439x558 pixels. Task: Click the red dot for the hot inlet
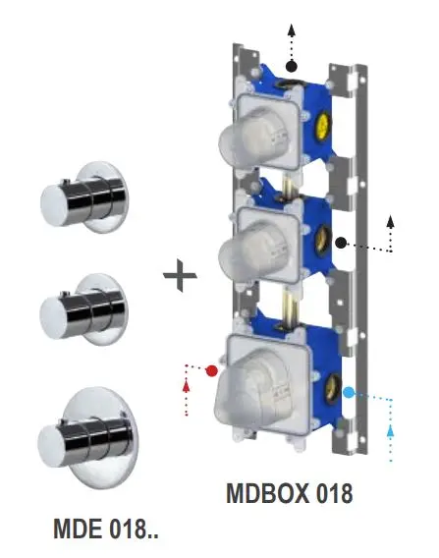click(212, 370)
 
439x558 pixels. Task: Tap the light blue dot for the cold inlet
click(349, 393)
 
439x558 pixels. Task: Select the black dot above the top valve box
click(292, 66)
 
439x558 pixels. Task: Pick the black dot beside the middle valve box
click(341, 243)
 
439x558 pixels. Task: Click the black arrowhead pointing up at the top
click(292, 30)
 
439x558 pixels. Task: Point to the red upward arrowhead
click(186, 385)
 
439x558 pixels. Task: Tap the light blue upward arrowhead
click(391, 430)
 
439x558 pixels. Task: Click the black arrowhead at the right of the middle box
click(391, 222)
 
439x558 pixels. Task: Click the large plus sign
click(180, 275)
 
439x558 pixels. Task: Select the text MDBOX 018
click(290, 493)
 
